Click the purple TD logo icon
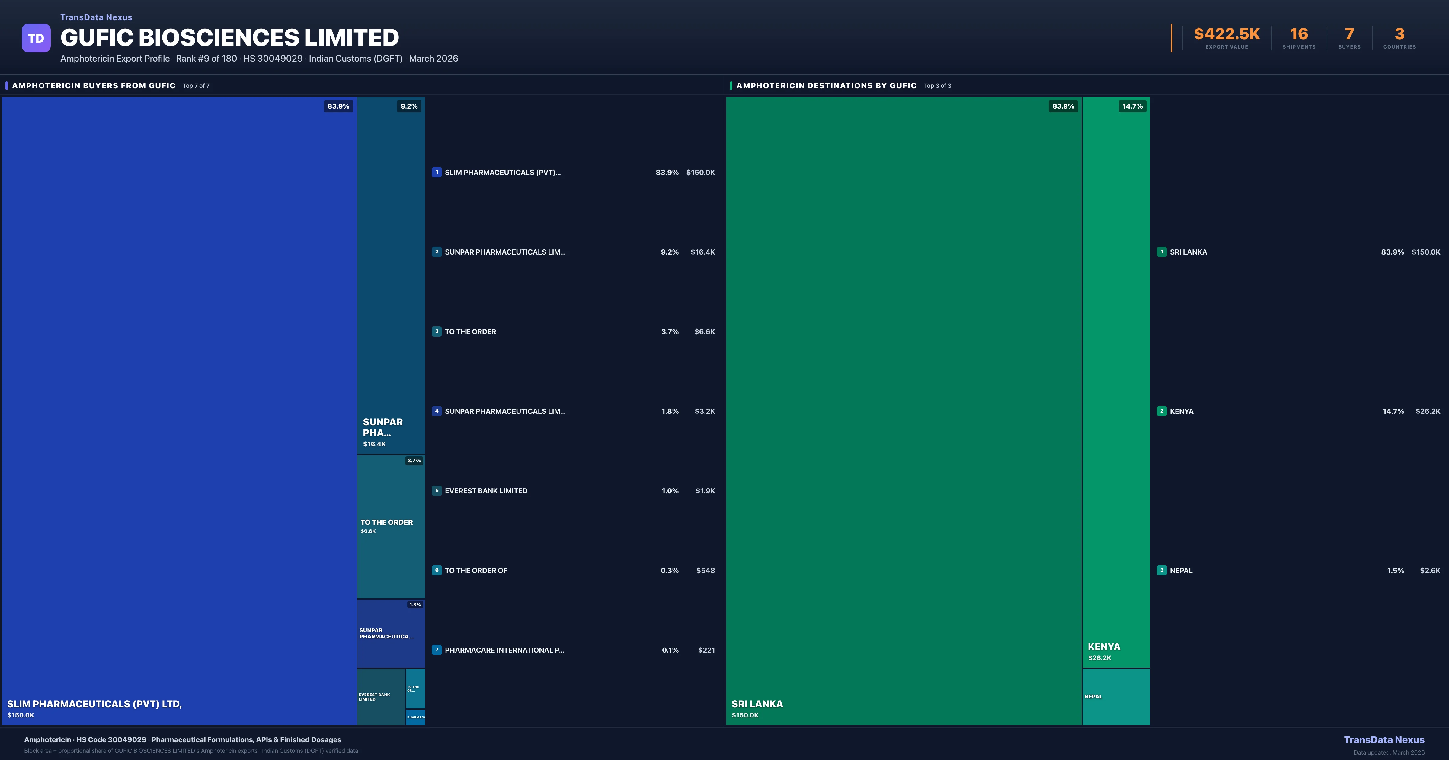pos(36,38)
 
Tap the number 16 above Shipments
pos(1298,34)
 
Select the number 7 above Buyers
pos(1349,34)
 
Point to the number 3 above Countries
pos(1399,34)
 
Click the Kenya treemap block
pos(1116,382)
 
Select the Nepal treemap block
pos(1116,696)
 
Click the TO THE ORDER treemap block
pos(391,526)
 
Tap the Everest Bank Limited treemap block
pos(381,696)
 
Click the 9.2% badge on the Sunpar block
pos(409,106)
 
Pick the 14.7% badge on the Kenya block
pos(1132,106)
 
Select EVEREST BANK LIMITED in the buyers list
pos(486,491)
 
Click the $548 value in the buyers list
pos(705,571)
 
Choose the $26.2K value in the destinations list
pos(1428,411)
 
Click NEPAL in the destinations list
pos(1181,571)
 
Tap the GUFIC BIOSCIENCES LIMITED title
pos(229,38)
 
